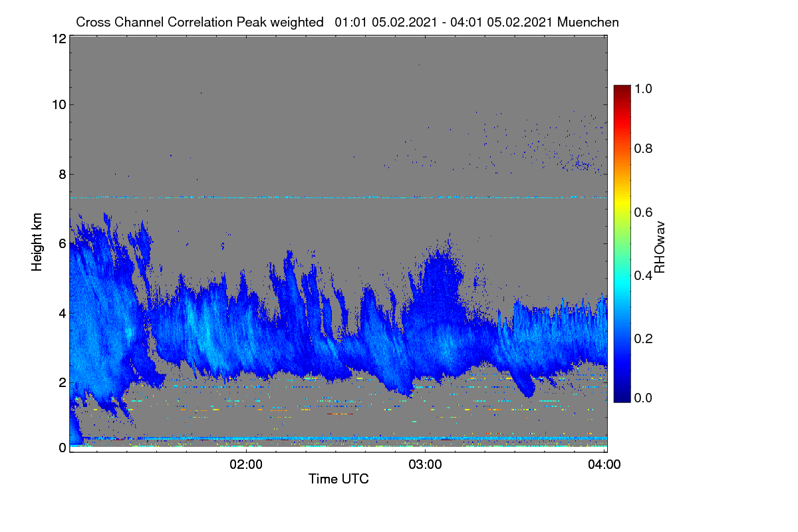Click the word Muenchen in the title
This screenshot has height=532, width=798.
point(588,22)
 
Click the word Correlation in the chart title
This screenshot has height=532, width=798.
point(200,22)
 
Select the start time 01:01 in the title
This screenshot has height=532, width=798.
point(350,22)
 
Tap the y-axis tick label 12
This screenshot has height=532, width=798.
point(59,39)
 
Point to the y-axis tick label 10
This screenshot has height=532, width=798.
point(59,105)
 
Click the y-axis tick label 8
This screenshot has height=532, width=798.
point(63,174)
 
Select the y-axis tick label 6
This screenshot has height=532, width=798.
point(63,244)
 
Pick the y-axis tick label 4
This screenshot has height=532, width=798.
point(63,314)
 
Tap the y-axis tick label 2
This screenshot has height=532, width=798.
point(63,382)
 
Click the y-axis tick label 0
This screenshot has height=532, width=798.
point(63,448)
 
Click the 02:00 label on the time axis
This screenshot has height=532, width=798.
point(246,464)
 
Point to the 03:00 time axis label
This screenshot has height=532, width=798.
point(425,464)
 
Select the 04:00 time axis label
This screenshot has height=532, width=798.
point(604,464)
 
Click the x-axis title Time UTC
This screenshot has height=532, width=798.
point(338,479)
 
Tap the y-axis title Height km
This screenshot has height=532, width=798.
point(37,242)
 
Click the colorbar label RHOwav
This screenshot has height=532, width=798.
point(660,247)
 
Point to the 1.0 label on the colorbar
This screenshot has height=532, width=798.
point(643,88)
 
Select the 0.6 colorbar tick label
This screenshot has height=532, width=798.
point(643,212)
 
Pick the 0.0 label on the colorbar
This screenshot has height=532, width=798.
point(643,398)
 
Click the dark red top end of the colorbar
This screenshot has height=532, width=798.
point(622,87)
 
